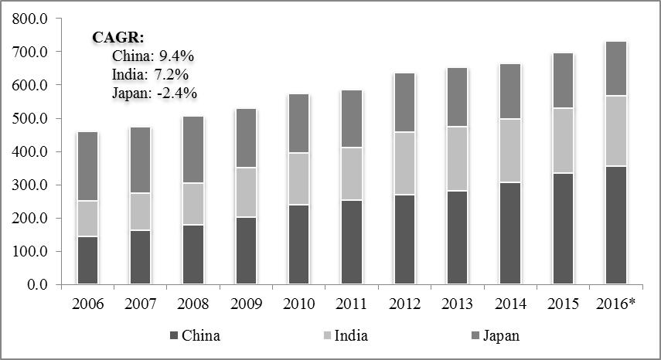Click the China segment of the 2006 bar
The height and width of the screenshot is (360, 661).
tap(87, 260)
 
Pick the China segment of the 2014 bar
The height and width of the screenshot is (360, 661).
tap(509, 233)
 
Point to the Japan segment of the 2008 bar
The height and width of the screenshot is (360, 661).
tap(193, 149)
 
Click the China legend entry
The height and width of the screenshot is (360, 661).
tap(193, 335)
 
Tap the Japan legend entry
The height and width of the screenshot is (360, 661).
tap(495, 335)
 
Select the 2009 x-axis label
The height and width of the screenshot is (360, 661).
tap(245, 303)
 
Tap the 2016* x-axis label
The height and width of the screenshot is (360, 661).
tap(615, 303)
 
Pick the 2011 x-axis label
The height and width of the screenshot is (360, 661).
tap(351, 303)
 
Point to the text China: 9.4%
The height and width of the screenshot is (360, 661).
tap(153, 56)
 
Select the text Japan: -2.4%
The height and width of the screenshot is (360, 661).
tap(155, 93)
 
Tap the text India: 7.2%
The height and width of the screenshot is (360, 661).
tap(151, 75)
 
